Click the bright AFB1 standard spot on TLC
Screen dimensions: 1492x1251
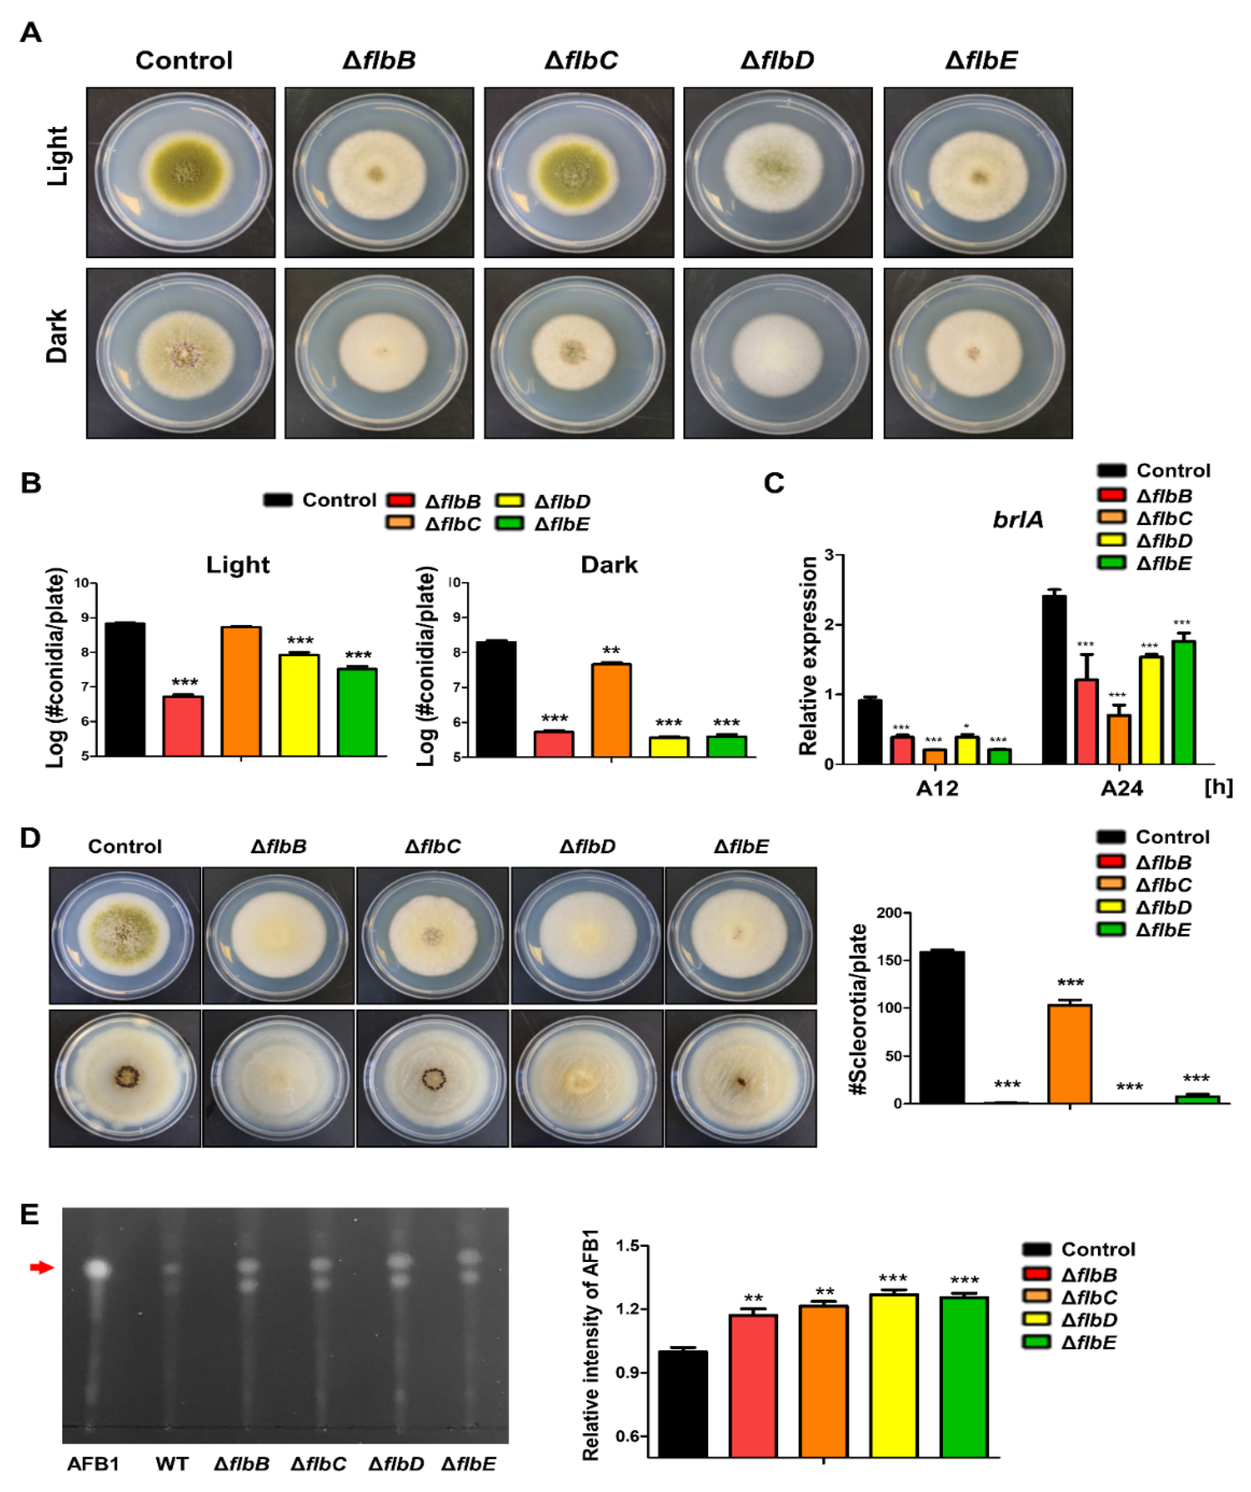[97, 1269]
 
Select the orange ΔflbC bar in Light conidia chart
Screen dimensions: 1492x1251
[241, 691]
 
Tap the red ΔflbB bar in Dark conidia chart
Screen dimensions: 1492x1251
[554, 743]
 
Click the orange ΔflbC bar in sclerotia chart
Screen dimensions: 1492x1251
[1070, 1053]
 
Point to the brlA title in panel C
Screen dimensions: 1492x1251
[1017, 520]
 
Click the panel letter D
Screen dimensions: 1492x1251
[30, 838]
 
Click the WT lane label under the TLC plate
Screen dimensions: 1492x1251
[172, 1464]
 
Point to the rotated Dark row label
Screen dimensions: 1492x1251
[57, 336]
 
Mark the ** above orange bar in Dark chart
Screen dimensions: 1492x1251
[611, 651]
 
